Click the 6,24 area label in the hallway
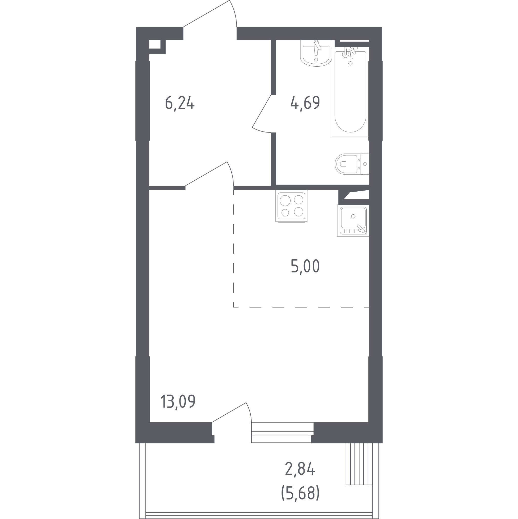pos(180,103)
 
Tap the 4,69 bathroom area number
pos(305,103)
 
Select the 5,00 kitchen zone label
pos(305,267)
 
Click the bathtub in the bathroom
pos(350,91)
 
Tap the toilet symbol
pos(352,164)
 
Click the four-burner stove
pos(291,206)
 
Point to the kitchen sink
pos(353,220)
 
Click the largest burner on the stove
pos(285,201)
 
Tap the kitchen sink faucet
pos(361,229)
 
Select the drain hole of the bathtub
pos(350,63)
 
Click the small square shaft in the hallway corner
pos(155,44)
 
